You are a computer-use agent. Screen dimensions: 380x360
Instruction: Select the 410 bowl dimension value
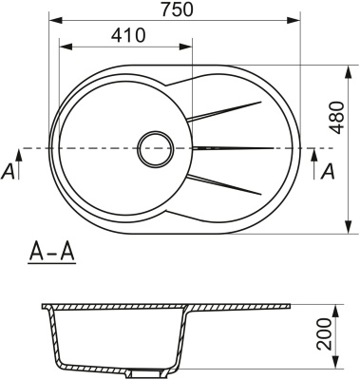tap(126, 35)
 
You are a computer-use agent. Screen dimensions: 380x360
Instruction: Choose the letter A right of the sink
tap(329, 171)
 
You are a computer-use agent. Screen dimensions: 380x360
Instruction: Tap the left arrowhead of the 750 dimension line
tap(52, 19)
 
